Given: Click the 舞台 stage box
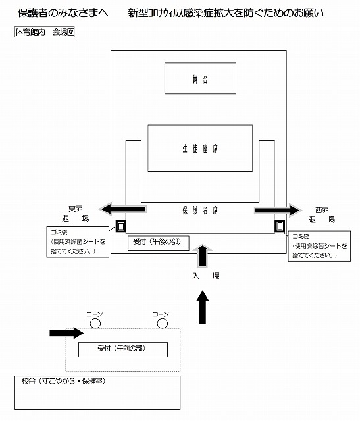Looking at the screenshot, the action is click(200, 78).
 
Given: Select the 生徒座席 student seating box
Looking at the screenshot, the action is click(200, 148).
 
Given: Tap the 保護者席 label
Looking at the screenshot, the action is click(200, 210).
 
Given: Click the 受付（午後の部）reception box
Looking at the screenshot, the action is click(158, 243).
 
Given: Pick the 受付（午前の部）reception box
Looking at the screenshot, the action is click(123, 349).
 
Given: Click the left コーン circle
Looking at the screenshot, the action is click(95, 323).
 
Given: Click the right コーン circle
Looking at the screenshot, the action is click(163, 323).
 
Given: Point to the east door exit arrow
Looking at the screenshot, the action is click(123, 209).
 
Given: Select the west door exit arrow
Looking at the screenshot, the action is click(278, 210).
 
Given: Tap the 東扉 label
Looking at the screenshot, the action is click(75, 209).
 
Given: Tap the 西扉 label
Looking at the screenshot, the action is click(322, 210).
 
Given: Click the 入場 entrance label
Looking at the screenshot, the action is click(206, 276).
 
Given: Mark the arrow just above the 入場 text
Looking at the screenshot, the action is click(203, 256).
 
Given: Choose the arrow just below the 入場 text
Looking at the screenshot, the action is click(203, 307).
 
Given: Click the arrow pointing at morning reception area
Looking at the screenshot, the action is click(66, 333).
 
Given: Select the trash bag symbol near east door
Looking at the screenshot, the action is click(121, 226).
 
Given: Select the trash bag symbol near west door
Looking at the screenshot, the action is click(280, 226).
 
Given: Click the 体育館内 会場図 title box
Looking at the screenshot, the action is click(45, 32).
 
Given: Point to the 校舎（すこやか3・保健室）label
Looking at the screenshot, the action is click(64, 381).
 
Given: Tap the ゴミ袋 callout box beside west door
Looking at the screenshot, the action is click(319, 246).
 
